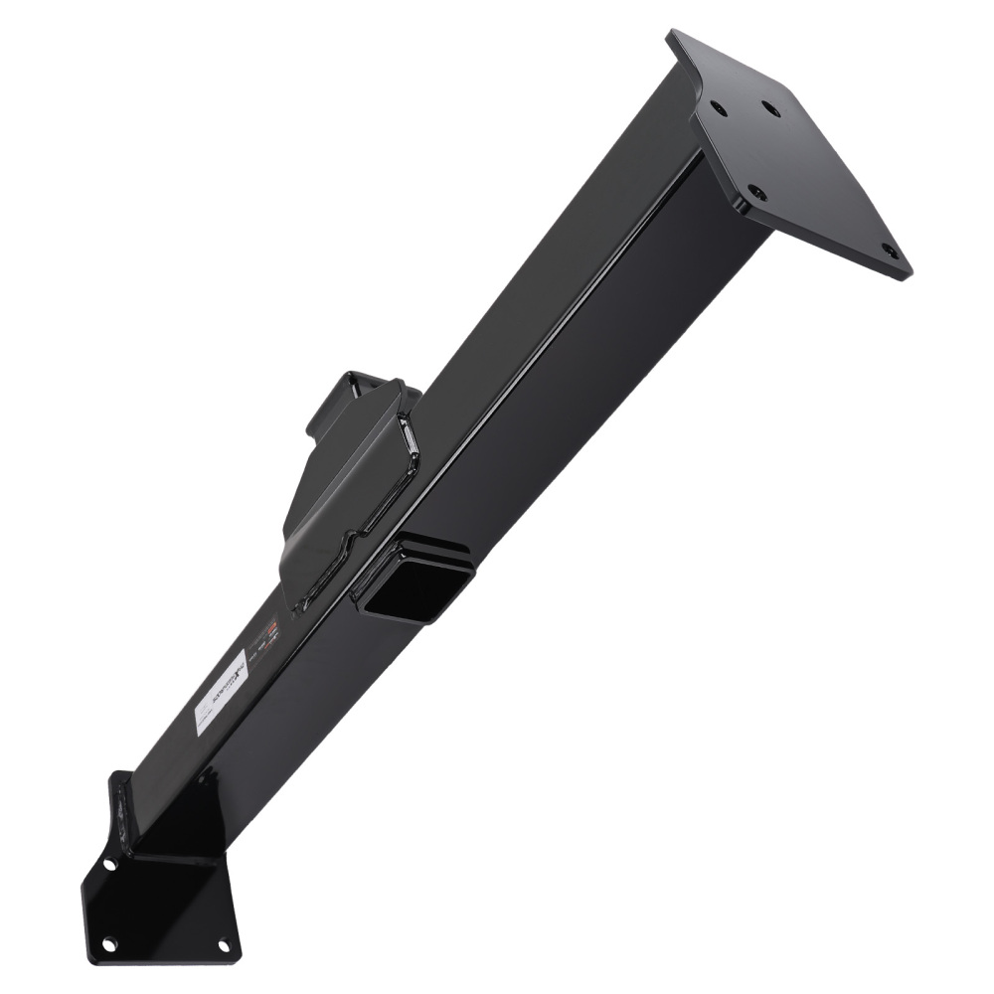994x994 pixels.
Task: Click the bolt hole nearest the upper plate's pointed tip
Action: (890, 251)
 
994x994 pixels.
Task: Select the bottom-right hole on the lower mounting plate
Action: (224, 944)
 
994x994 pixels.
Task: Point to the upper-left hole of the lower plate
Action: (108, 864)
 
